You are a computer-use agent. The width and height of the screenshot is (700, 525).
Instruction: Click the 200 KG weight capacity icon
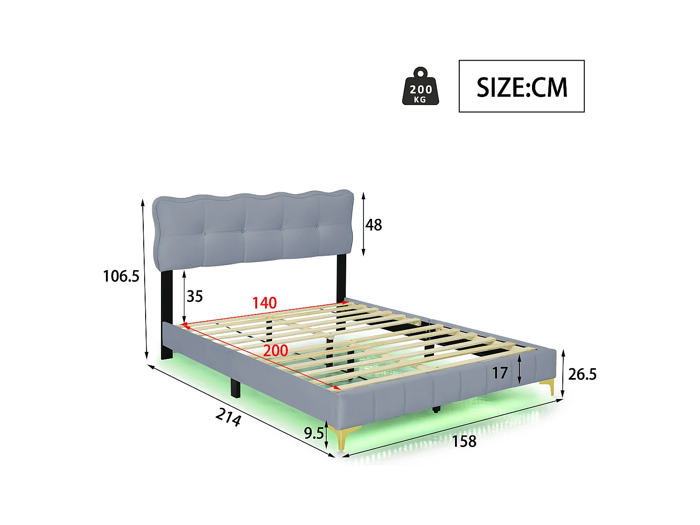420,87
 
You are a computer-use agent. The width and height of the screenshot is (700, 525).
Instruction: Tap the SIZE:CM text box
521,86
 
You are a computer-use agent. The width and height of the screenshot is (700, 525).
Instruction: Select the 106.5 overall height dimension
121,276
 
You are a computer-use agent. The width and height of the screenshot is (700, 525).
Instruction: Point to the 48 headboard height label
373,225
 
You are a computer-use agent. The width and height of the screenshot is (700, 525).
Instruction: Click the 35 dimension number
195,296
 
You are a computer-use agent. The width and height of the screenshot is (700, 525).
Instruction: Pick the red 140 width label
265,303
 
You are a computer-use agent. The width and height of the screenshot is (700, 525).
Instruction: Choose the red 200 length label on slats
275,350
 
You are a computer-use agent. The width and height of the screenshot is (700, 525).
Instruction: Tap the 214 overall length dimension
229,417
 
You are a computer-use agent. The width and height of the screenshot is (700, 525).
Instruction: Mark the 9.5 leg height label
314,434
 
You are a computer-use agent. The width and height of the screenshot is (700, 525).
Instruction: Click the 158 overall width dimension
464,441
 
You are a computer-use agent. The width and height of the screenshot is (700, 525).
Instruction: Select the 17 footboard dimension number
500,373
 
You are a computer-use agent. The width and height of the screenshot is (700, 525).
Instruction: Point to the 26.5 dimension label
582,374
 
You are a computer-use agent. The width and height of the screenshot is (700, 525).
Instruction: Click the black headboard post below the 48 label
341,278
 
